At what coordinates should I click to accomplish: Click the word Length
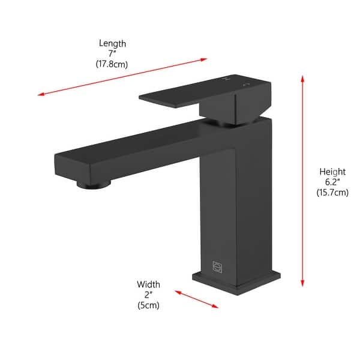113,43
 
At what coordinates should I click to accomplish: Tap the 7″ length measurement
113,53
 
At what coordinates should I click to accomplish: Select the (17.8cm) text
113,64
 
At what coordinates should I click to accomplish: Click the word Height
332,172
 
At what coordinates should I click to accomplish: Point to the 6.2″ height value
332,182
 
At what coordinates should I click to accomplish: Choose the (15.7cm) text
332,193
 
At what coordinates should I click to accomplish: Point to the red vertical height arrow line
303,180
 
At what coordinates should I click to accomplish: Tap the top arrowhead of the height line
303,78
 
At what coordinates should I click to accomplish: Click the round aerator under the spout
95,184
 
